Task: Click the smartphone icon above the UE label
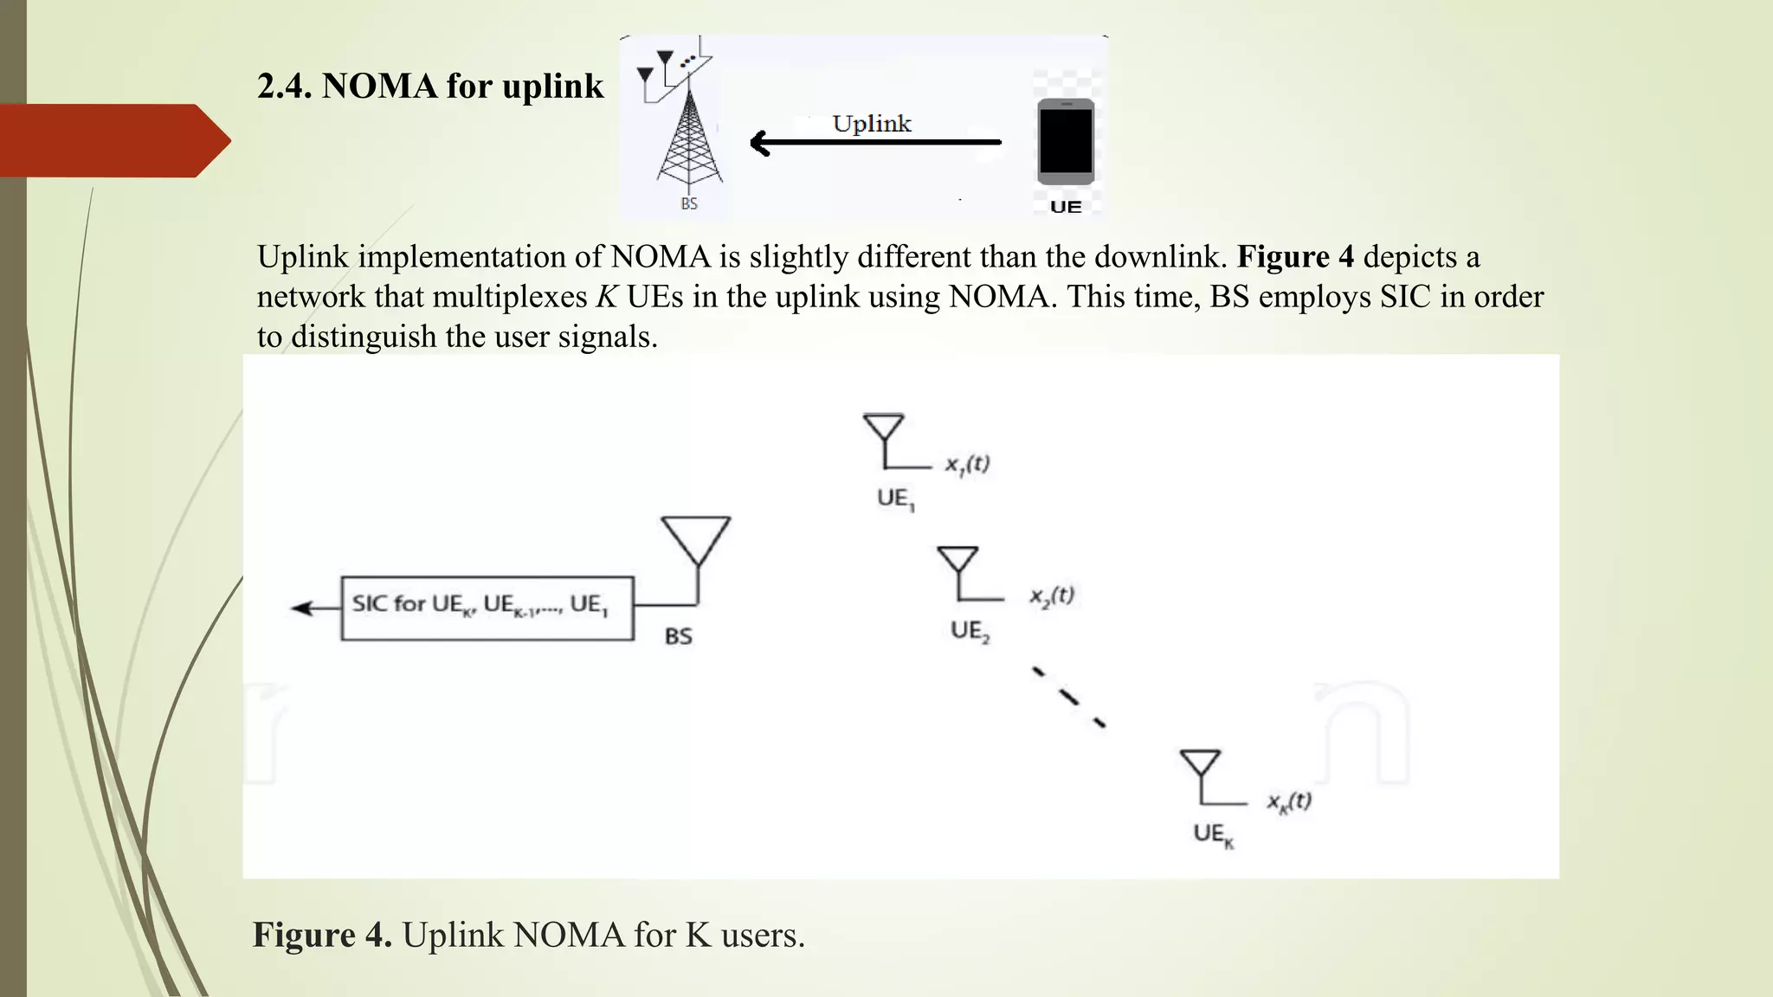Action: pyautogui.click(x=1066, y=141)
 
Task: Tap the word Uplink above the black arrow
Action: pyautogui.click(x=872, y=124)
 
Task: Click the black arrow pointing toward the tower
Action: pyautogui.click(x=874, y=143)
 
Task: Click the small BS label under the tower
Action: pyautogui.click(x=689, y=203)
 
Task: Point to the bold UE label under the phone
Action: pyautogui.click(x=1066, y=207)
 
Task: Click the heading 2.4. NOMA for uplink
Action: pyautogui.click(x=430, y=86)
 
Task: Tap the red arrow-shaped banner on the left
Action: pyautogui.click(x=113, y=140)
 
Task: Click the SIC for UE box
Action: pyautogui.click(x=487, y=608)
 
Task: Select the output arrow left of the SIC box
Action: pyautogui.click(x=315, y=608)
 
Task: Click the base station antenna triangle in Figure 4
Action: pyautogui.click(x=696, y=542)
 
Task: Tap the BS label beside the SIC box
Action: pyautogui.click(x=679, y=636)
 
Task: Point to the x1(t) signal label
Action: pyautogui.click(x=967, y=465)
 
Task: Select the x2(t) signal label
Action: pyautogui.click(x=1051, y=596)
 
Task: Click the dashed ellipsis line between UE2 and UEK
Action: pyautogui.click(x=1069, y=696)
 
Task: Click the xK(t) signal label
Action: pyautogui.click(x=1289, y=801)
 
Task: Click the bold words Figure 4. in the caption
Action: pyautogui.click(x=322, y=935)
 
